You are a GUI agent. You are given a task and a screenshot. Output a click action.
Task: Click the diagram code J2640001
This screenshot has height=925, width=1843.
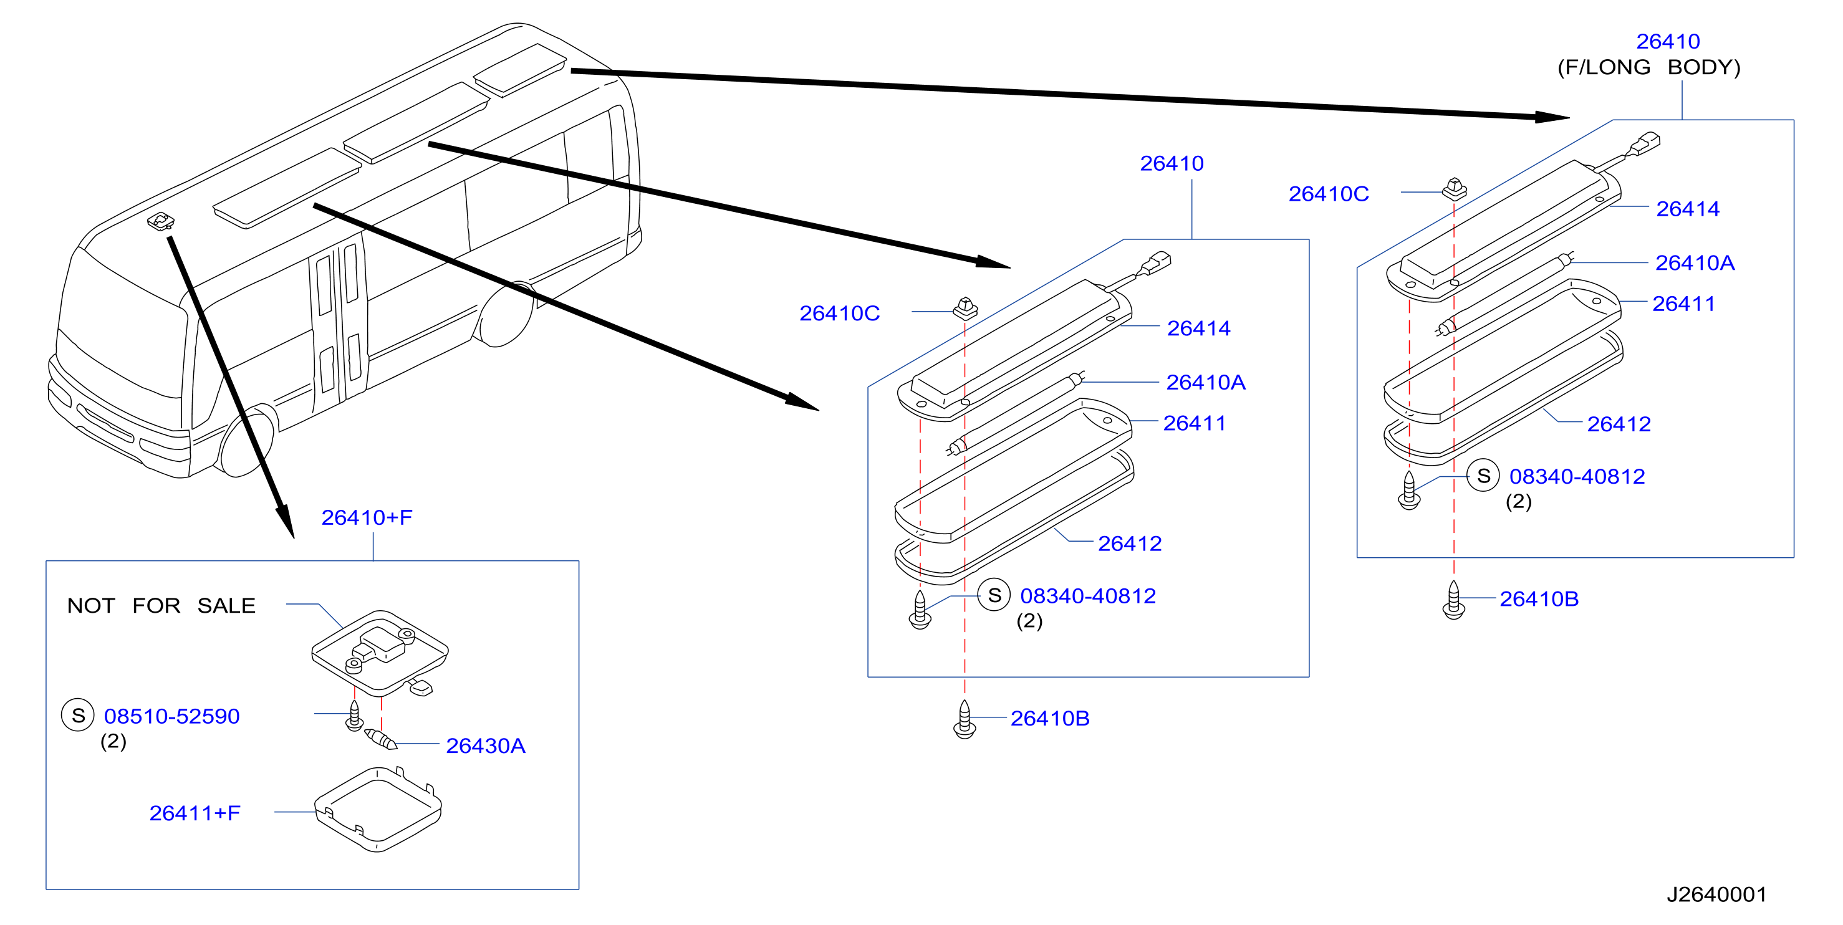(1716, 894)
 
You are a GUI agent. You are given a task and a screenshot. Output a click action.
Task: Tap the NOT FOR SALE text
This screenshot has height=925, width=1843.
(161, 605)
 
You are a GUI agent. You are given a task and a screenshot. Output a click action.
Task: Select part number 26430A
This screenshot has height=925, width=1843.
(486, 745)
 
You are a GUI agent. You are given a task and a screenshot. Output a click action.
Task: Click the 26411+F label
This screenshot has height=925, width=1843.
(195, 813)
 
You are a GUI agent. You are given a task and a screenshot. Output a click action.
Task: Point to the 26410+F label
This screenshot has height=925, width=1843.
(367, 517)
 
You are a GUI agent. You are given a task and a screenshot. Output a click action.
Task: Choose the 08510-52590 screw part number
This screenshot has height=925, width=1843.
(171, 716)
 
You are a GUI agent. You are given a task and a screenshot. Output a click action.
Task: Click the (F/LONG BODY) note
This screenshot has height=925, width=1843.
(1649, 67)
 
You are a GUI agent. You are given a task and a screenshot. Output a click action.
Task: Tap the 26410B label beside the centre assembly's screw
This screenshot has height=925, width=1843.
(1049, 718)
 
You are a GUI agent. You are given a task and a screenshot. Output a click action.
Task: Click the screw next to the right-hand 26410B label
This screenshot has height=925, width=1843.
(1453, 600)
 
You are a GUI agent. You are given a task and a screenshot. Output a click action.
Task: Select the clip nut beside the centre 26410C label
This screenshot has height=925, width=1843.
(965, 309)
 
